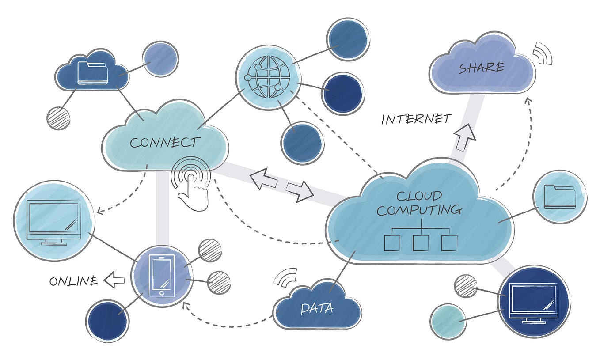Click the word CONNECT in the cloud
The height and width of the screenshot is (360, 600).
[x=165, y=142]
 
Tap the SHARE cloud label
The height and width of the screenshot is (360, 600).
[x=481, y=68]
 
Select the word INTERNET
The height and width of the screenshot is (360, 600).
[x=417, y=119]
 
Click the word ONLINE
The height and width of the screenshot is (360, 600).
[x=73, y=281]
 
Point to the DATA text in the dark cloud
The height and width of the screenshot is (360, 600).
[x=317, y=308]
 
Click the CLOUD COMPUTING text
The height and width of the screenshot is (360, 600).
[x=419, y=203]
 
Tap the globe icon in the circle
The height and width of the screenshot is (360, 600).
[x=268, y=77]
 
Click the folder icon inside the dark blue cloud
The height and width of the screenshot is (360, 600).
[x=92, y=73]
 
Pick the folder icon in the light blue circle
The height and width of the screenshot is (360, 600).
[x=560, y=197]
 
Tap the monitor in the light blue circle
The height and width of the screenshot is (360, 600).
[x=53, y=221]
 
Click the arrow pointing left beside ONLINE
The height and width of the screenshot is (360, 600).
[x=114, y=280]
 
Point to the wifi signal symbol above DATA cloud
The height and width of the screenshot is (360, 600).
[x=286, y=277]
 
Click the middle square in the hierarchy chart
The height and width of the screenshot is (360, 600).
[x=421, y=243]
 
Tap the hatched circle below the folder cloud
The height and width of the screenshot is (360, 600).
[x=58, y=118]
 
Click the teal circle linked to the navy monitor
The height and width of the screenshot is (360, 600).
[x=448, y=321]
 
